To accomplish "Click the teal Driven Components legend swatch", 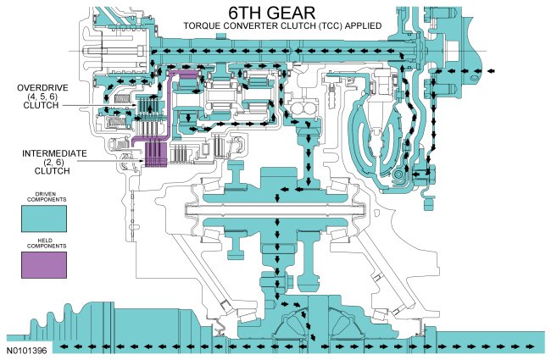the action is coord(43,218).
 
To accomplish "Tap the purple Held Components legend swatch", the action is coord(43,266).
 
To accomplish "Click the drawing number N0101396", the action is coord(27,349).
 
